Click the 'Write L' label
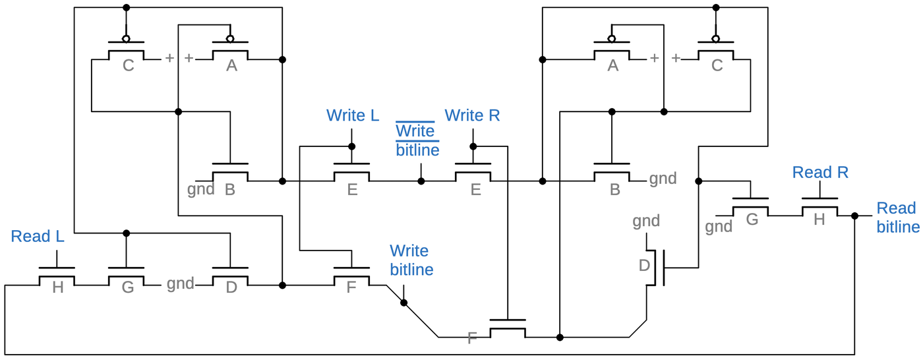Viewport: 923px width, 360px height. pyautogui.click(x=353, y=115)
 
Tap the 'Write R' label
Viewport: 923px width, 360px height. pyautogui.click(x=472, y=115)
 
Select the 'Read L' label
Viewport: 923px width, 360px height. pyautogui.click(x=38, y=237)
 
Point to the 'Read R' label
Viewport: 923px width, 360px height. pyautogui.click(x=820, y=173)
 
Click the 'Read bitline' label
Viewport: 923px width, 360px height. pyautogui.click(x=897, y=218)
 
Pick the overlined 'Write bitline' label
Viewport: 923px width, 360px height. pyautogui.click(x=417, y=140)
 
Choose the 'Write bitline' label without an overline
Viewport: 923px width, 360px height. pyautogui.click(x=411, y=260)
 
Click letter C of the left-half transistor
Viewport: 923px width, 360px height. pyautogui.click(x=128, y=66)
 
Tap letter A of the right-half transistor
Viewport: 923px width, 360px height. pyautogui.click(x=613, y=66)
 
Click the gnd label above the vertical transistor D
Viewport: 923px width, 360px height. pyautogui.click(x=646, y=221)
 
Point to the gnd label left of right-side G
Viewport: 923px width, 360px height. pyautogui.click(x=719, y=227)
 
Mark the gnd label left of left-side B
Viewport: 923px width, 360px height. pyautogui.click(x=200, y=190)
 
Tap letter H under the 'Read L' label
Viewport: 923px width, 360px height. pyautogui.click(x=57, y=289)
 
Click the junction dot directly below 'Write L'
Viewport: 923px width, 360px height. pyautogui.click(x=351, y=146)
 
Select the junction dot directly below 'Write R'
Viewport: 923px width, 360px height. pyautogui.click(x=473, y=146)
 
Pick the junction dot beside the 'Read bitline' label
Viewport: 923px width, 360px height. pyautogui.click(x=854, y=216)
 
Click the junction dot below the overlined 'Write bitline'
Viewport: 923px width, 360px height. pyautogui.click(x=421, y=181)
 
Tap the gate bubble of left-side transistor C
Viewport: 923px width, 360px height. pyautogui.click(x=126, y=38)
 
